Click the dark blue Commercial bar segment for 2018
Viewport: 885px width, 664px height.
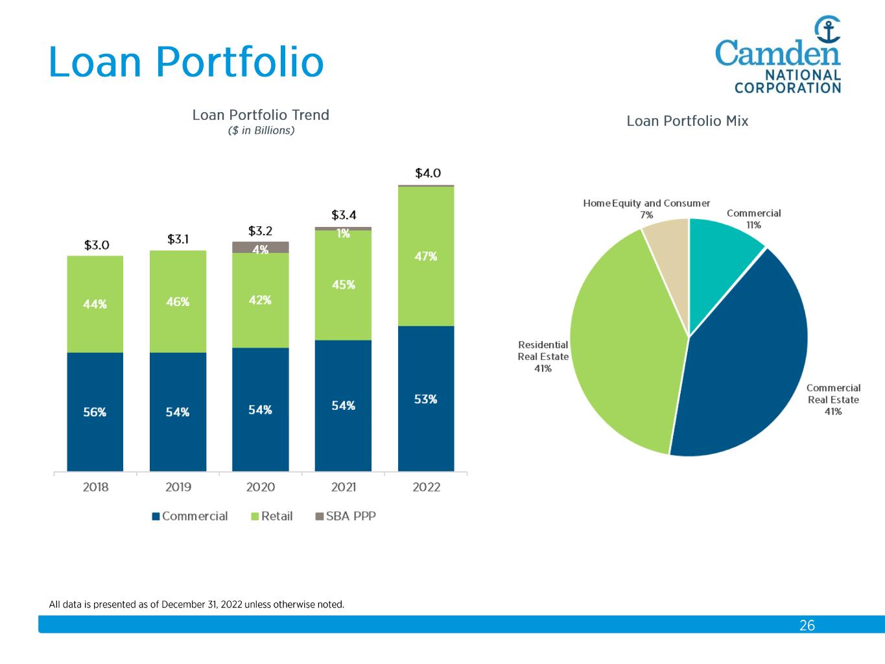click(95, 412)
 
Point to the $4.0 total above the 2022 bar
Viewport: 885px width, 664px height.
click(428, 173)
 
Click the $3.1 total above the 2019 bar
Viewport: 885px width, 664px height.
click(178, 239)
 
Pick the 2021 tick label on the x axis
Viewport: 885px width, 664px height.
click(344, 487)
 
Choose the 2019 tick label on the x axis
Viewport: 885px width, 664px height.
click(178, 487)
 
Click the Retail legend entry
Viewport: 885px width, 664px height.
click(272, 516)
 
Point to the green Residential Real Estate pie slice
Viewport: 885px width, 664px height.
click(622, 344)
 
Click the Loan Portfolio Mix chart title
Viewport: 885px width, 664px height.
click(687, 121)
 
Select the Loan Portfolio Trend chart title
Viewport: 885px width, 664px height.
click(261, 115)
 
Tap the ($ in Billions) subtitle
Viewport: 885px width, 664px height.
click(261, 131)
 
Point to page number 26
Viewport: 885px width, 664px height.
click(807, 625)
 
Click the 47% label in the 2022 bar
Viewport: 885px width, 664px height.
click(426, 256)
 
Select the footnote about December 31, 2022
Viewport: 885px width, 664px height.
click(196, 604)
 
